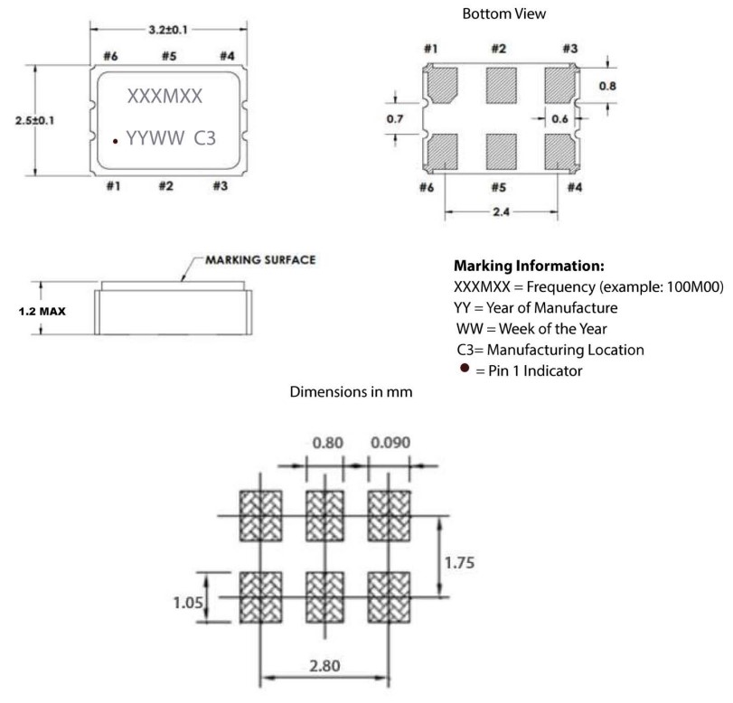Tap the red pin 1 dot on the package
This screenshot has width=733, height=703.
tap(116, 141)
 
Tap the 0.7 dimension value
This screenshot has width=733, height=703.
tap(394, 118)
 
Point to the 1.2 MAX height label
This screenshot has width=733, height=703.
tap(42, 313)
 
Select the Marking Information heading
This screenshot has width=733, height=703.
tap(527, 267)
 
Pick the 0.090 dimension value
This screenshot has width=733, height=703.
tap(390, 445)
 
